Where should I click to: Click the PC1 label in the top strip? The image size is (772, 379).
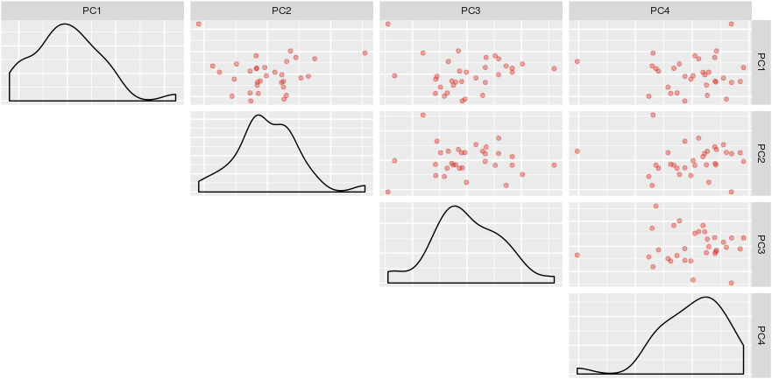click(93, 11)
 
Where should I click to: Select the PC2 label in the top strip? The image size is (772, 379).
click(282, 11)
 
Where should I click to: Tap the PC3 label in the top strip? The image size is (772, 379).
click(471, 11)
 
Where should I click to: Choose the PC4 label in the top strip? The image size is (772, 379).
click(661, 11)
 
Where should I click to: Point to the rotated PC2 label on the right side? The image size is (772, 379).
click(761, 152)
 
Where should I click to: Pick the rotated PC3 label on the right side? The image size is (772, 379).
click(761, 243)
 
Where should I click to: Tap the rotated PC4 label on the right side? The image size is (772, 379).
click(761, 334)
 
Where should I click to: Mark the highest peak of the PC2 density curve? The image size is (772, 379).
click(258, 116)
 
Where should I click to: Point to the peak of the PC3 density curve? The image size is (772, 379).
click(454, 207)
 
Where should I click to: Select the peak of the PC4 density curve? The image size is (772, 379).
click(706, 298)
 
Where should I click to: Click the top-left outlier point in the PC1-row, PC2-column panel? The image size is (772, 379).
click(199, 25)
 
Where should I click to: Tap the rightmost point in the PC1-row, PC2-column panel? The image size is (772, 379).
click(365, 53)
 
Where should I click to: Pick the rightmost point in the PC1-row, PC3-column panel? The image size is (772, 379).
click(554, 68)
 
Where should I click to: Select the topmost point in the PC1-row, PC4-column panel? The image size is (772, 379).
click(731, 25)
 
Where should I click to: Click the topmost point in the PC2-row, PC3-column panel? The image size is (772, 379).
click(422, 115)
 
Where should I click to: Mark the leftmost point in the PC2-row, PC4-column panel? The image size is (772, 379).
click(577, 151)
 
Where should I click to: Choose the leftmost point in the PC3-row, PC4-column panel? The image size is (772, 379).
click(577, 255)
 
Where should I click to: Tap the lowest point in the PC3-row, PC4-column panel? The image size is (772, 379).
click(692, 280)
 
